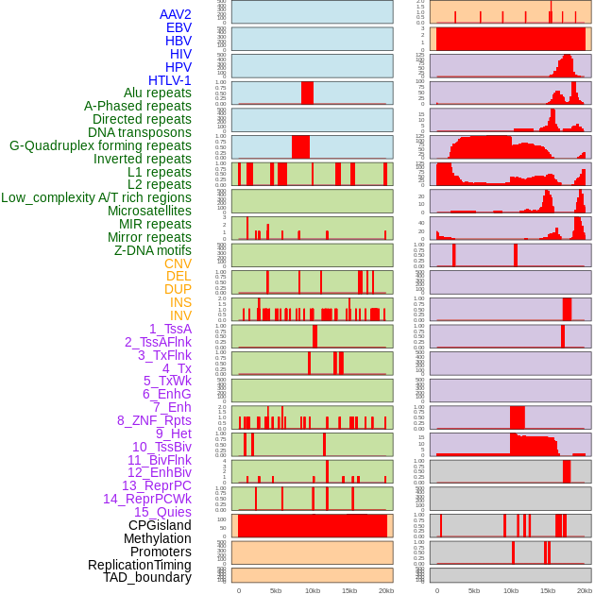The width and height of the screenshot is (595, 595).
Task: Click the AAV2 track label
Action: coord(176,14)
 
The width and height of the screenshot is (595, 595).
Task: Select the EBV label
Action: coord(178,27)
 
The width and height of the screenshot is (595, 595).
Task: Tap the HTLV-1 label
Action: coord(170,80)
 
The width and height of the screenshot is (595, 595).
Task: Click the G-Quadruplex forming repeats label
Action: coord(100,145)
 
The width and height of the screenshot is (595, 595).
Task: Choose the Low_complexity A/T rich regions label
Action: coord(96,197)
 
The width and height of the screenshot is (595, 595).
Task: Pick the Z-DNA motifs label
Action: coord(153,250)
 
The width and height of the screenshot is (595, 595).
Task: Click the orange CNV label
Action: coord(178,263)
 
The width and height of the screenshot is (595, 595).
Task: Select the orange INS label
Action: coord(180,302)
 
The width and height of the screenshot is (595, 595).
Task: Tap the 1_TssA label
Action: coord(170,329)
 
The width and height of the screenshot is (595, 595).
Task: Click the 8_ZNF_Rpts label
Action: coord(154,420)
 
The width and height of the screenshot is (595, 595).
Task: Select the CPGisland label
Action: coord(160,525)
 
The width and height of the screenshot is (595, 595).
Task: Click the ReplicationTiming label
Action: coord(140,565)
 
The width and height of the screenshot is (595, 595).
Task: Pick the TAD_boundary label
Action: coord(147,577)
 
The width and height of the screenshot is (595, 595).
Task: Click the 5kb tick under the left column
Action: coord(276,590)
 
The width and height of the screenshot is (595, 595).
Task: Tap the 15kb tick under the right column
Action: coord(547,590)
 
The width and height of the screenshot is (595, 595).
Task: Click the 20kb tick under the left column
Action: coord(386,590)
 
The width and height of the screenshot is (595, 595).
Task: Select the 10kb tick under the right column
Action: coord(510,590)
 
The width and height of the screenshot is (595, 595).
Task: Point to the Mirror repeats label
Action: coord(149,237)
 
